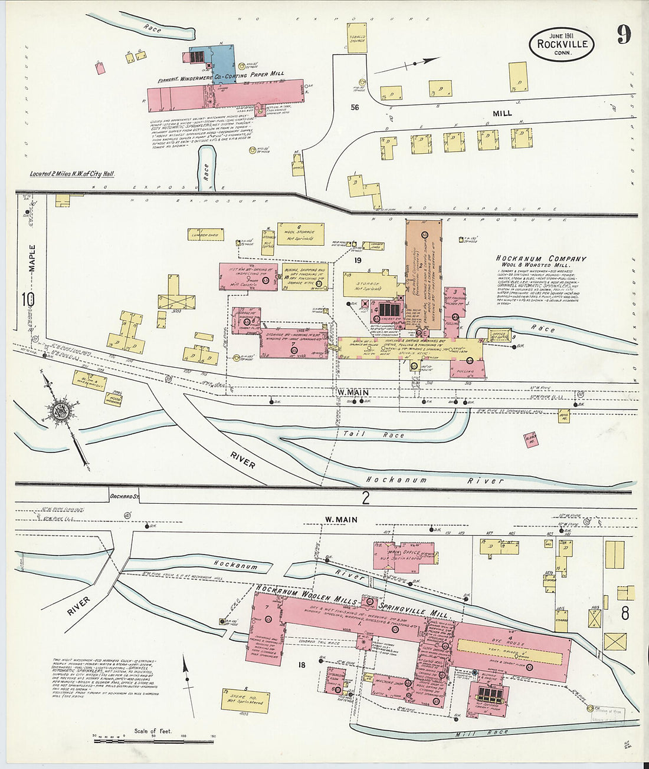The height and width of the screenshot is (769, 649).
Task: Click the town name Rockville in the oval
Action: point(561,44)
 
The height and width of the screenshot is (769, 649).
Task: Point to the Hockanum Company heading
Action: point(540,259)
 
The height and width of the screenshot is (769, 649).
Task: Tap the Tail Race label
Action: point(373,435)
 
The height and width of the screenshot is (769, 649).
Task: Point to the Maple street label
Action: point(32,258)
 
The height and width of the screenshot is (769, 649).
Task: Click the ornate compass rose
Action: point(60,411)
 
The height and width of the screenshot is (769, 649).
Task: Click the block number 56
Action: point(355,107)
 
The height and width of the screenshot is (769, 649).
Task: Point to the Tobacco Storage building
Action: point(357,38)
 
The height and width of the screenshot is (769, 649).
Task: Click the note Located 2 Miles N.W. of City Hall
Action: point(73,174)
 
